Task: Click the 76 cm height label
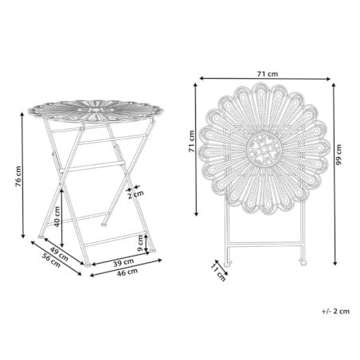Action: [x=18, y=177]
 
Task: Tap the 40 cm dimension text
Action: [x=57, y=217]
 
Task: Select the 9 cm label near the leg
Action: [x=141, y=244]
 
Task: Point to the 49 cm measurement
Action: [x=59, y=254]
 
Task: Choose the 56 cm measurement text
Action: [x=51, y=260]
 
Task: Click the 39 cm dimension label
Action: [x=123, y=263]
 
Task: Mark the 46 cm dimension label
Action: [x=127, y=272]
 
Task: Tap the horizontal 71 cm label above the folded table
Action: [x=268, y=74]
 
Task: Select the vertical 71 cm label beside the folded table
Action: [x=191, y=141]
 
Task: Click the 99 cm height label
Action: [x=338, y=155]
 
